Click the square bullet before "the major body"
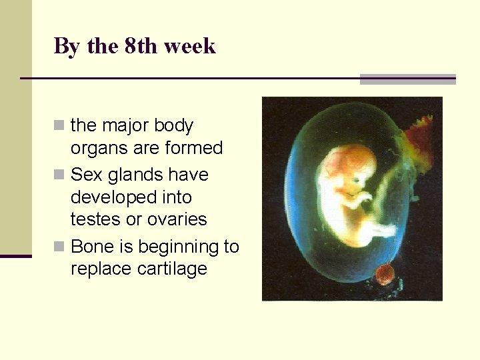(60, 125)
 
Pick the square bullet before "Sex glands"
(60, 175)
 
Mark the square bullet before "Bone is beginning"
(60, 247)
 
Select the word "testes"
(93, 219)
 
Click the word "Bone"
(91, 247)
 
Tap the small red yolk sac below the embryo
(384, 274)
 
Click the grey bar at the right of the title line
(407, 79)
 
